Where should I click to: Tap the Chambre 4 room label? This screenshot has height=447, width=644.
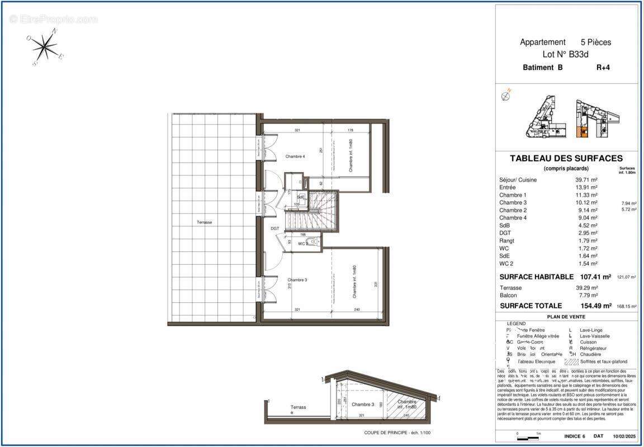(295, 156)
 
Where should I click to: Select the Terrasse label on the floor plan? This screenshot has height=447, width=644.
(204, 222)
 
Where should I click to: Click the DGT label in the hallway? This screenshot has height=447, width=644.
(275, 229)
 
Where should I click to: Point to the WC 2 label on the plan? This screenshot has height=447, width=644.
(303, 244)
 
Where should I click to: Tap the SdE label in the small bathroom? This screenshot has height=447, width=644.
(301, 197)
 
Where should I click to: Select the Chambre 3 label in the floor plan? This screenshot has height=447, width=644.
(297, 280)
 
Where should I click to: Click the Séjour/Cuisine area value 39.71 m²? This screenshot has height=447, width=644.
(586, 180)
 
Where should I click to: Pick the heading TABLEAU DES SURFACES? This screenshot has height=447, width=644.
(566, 159)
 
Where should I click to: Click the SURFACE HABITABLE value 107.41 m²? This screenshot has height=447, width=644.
(594, 276)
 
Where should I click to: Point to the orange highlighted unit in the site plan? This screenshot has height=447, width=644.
(582, 132)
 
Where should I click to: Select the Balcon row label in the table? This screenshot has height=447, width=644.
(508, 295)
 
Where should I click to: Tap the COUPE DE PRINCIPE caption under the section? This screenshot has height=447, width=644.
(397, 432)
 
